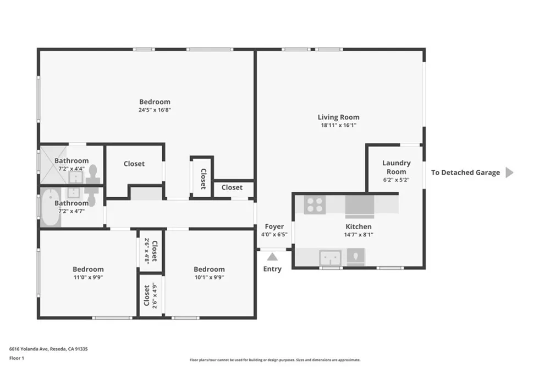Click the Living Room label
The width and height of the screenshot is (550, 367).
(x=338, y=117)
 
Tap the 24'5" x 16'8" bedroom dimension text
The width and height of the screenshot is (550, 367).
(x=155, y=110)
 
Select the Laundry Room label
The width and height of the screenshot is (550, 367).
(x=397, y=168)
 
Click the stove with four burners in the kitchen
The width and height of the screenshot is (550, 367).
(x=315, y=204)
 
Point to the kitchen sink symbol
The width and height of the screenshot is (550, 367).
(x=330, y=258)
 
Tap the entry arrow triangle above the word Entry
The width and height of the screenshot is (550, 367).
(x=272, y=257)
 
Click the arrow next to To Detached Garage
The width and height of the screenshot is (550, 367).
(x=509, y=172)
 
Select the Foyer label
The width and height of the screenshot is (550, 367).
(x=274, y=226)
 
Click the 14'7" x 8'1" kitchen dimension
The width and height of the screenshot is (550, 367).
(x=359, y=235)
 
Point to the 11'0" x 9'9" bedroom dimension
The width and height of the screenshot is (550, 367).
(x=88, y=277)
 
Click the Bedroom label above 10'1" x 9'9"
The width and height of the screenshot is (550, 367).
(x=209, y=269)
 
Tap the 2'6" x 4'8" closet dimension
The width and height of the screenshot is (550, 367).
(x=147, y=251)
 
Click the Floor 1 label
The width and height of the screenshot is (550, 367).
(x=16, y=358)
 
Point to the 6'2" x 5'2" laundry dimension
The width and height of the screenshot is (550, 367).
(x=397, y=180)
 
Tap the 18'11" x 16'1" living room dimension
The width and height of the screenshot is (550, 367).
(x=338, y=125)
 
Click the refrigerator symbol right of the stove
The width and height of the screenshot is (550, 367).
(x=360, y=206)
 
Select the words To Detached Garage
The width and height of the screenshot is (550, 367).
(x=465, y=172)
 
